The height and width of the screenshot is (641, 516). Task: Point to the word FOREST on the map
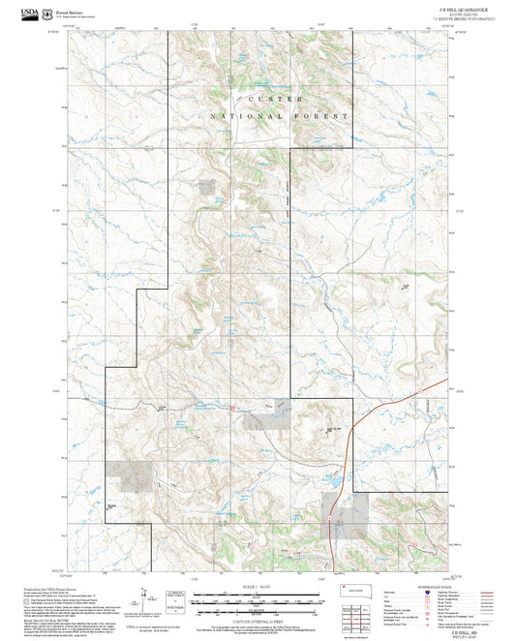pos(323,116)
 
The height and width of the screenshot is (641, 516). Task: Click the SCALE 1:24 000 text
pos(258,588)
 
